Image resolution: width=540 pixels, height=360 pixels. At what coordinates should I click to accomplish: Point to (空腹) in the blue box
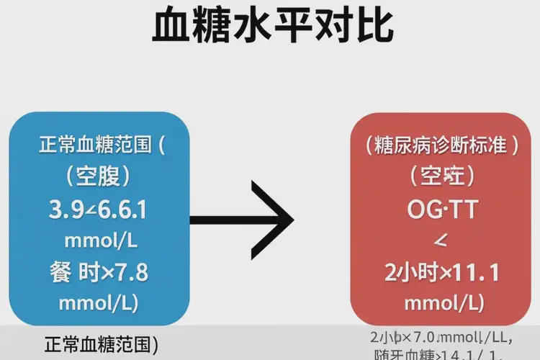[99, 176]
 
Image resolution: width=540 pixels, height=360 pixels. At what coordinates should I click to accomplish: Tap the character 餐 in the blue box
[61, 273]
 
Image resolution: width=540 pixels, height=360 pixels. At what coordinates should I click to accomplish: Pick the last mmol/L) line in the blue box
[99, 302]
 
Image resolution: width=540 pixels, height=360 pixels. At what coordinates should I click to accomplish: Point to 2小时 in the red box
[408, 273]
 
